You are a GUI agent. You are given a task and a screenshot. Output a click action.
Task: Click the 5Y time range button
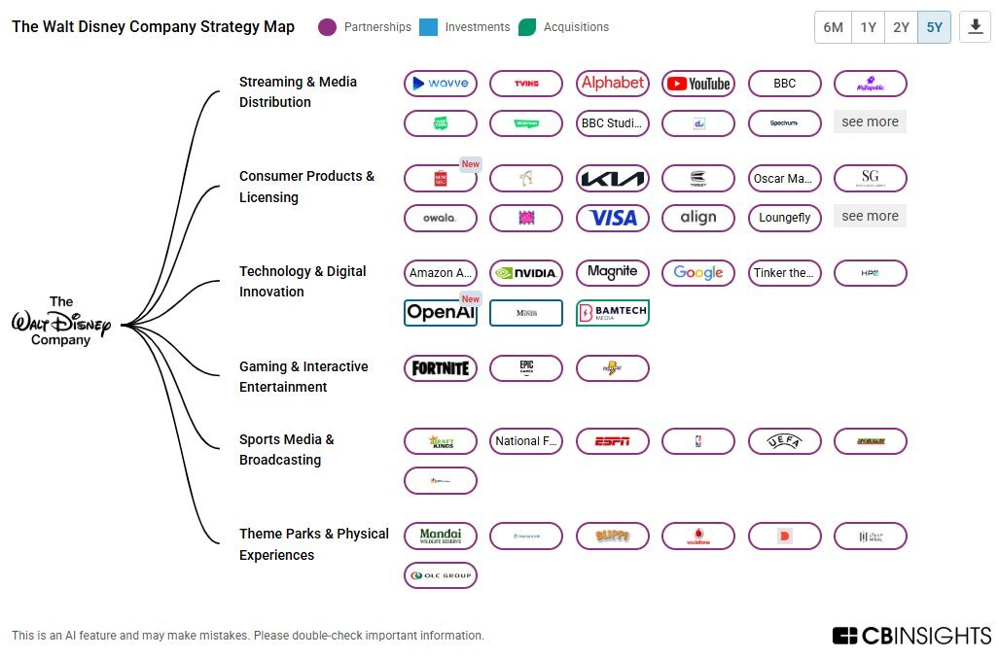934,27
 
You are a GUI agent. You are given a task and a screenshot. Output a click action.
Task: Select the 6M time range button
833,27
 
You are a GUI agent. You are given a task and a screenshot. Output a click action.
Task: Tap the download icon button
975,27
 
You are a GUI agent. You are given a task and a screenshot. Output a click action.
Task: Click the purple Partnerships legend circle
328,27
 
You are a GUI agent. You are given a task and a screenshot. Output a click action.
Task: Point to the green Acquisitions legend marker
527,27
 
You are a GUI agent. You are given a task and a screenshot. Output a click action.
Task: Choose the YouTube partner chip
698,84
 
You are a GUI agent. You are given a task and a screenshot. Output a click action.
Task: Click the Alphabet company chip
613,84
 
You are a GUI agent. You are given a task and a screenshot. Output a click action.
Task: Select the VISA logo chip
613,218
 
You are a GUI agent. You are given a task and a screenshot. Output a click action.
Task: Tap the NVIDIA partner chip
526,273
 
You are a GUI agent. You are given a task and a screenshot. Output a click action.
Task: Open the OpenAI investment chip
441,313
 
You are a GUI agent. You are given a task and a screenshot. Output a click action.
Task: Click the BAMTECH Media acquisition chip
613,313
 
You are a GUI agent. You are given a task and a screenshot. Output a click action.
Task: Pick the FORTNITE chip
441,368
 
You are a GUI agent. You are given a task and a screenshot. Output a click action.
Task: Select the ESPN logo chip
613,441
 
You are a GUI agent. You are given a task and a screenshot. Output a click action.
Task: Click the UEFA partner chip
784,441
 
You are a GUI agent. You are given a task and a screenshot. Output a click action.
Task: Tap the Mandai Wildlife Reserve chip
441,536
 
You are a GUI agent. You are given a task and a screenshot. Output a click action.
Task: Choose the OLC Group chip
441,575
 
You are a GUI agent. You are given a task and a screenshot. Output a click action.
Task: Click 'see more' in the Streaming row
870,122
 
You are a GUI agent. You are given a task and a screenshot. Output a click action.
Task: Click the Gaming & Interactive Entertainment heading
303,376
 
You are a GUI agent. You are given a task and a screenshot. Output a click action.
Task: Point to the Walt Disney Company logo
61,322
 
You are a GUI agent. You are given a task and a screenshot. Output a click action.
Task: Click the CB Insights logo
911,636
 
